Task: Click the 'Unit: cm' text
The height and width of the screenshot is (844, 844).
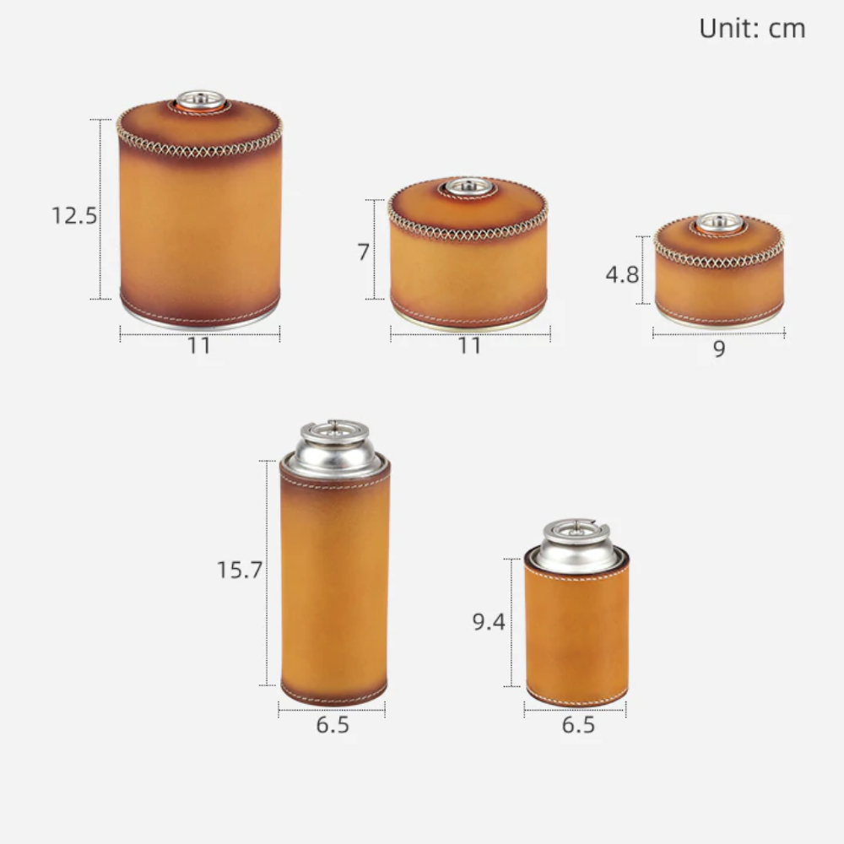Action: click(x=752, y=29)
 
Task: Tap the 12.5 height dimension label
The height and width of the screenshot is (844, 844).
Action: click(x=74, y=215)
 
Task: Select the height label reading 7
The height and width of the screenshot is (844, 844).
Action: click(x=364, y=251)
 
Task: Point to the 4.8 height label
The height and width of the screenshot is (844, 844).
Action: click(x=622, y=273)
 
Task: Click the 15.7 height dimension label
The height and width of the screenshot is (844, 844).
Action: click(x=238, y=570)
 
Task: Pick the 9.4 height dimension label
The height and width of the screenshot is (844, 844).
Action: click(x=488, y=623)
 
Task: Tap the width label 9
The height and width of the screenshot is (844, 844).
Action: click(x=718, y=349)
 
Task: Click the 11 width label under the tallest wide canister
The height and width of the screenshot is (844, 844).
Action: click(x=199, y=346)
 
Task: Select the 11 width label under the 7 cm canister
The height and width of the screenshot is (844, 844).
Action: click(x=469, y=346)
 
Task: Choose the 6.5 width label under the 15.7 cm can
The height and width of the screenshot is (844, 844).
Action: click(x=333, y=725)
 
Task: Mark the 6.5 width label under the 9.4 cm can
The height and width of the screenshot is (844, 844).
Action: click(x=578, y=725)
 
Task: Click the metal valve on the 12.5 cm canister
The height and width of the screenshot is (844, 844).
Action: click(x=199, y=100)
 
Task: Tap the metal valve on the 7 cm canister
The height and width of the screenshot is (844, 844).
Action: click(x=468, y=187)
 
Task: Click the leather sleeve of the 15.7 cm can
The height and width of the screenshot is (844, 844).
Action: click(x=334, y=591)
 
